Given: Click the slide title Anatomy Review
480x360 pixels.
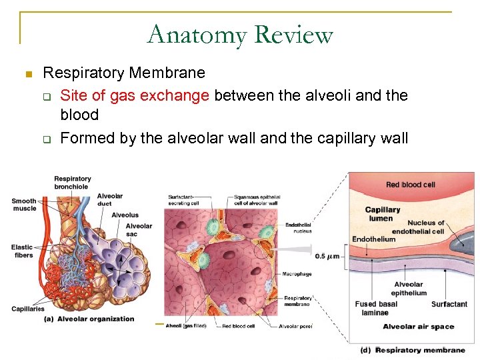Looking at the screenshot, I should pyautogui.click(x=240, y=34).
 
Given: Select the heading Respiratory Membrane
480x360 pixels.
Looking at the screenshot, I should pyautogui.click(x=124, y=72).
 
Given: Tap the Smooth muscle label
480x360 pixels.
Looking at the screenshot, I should pyautogui.click(x=25, y=205).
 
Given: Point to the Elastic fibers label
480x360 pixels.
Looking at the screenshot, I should pyautogui.click(x=22, y=251).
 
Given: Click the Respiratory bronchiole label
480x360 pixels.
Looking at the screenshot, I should pyautogui.click(x=73, y=182).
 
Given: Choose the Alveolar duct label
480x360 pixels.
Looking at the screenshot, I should pyautogui.click(x=110, y=199).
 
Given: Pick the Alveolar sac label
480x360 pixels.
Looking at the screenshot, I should pyautogui.click(x=139, y=229).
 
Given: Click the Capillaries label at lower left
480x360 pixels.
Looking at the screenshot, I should pyautogui.click(x=27, y=309).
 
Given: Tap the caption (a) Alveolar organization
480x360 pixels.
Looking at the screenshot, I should pyautogui.click(x=89, y=319).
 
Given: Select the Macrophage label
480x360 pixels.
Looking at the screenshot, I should pyautogui.click(x=298, y=274).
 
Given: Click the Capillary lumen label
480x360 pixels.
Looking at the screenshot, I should pyautogui.click(x=383, y=213).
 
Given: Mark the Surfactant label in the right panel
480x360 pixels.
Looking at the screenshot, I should pyautogui.click(x=449, y=304).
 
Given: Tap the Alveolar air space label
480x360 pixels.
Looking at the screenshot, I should pyautogui.click(x=418, y=327).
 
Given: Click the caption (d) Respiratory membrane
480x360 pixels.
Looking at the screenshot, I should pyautogui.click(x=413, y=349).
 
